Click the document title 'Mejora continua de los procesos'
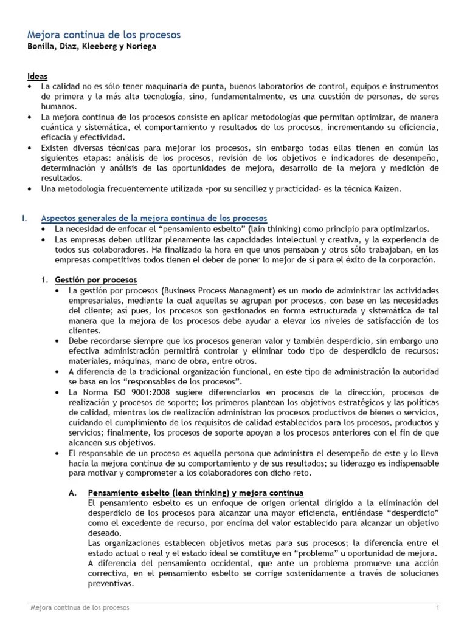point(104,35)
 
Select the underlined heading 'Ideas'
point(38,77)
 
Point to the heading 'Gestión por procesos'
point(95,279)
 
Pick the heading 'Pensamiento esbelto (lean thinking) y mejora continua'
point(196,493)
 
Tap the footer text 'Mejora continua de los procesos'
point(80,608)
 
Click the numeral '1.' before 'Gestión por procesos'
point(44,279)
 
